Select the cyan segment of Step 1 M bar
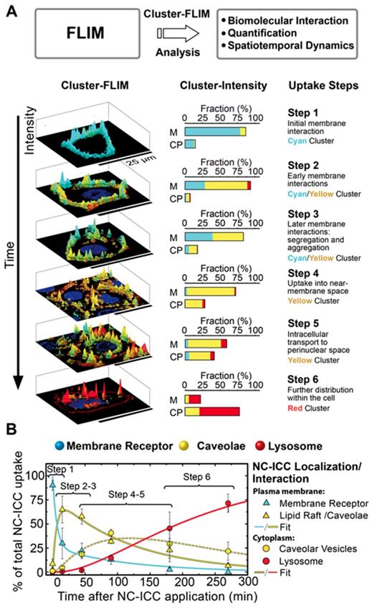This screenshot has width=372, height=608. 213,131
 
